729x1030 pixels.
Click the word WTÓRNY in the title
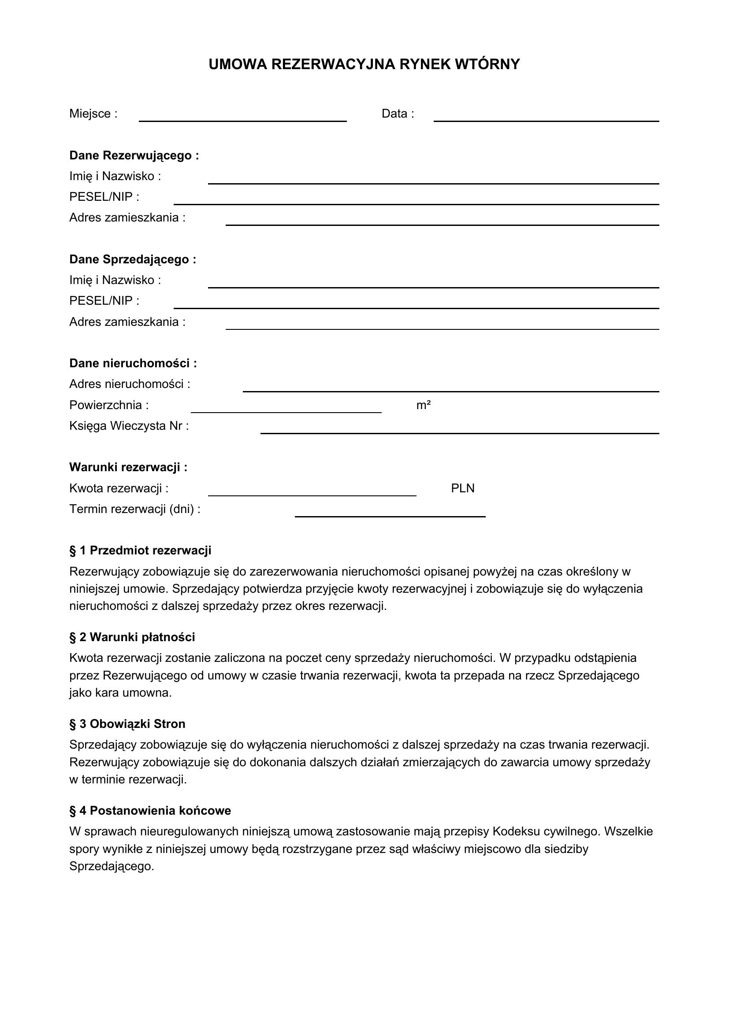(487, 65)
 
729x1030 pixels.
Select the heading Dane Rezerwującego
(134, 155)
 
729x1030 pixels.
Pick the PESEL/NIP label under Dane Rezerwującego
(104, 197)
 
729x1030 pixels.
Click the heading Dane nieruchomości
(133, 363)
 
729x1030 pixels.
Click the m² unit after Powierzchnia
(423, 406)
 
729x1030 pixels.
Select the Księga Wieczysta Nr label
(129, 426)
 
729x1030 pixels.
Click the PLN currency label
(462, 488)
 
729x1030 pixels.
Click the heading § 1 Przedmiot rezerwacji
(140, 550)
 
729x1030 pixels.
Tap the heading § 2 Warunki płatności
(132, 637)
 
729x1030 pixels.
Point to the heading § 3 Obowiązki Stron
(127, 724)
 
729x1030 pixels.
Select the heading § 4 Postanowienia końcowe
(150, 811)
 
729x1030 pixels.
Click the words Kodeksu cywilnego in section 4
(546, 832)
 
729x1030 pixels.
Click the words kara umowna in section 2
(133, 693)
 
